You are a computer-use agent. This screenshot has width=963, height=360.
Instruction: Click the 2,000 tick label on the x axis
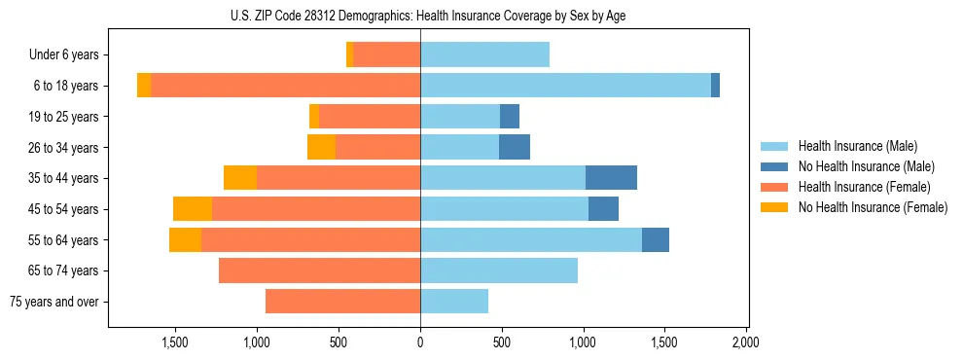tap(745, 343)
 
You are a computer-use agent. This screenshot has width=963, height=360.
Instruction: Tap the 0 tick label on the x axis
tap(420, 343)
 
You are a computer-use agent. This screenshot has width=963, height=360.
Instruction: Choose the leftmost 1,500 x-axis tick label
tap(175, 343)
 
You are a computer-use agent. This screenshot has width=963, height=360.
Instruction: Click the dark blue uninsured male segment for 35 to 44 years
tap(611, 178)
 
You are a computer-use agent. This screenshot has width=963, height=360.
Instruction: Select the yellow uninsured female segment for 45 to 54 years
tap(193, 209)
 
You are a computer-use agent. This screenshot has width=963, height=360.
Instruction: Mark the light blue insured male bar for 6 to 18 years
tap(565, 86)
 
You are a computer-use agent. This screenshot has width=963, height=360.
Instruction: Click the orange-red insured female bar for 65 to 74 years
tap(319, 270)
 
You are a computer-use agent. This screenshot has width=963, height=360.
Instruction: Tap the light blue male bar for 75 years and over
tap(454, 302)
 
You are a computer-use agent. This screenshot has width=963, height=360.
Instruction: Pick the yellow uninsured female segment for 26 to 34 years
tap(321, 147)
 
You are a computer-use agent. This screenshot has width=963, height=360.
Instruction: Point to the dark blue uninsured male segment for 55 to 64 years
tap(656, 239)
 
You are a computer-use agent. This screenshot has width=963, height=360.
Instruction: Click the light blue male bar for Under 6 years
tap(484, 54)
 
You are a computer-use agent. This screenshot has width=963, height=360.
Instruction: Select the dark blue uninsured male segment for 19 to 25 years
tap(510, 117)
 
